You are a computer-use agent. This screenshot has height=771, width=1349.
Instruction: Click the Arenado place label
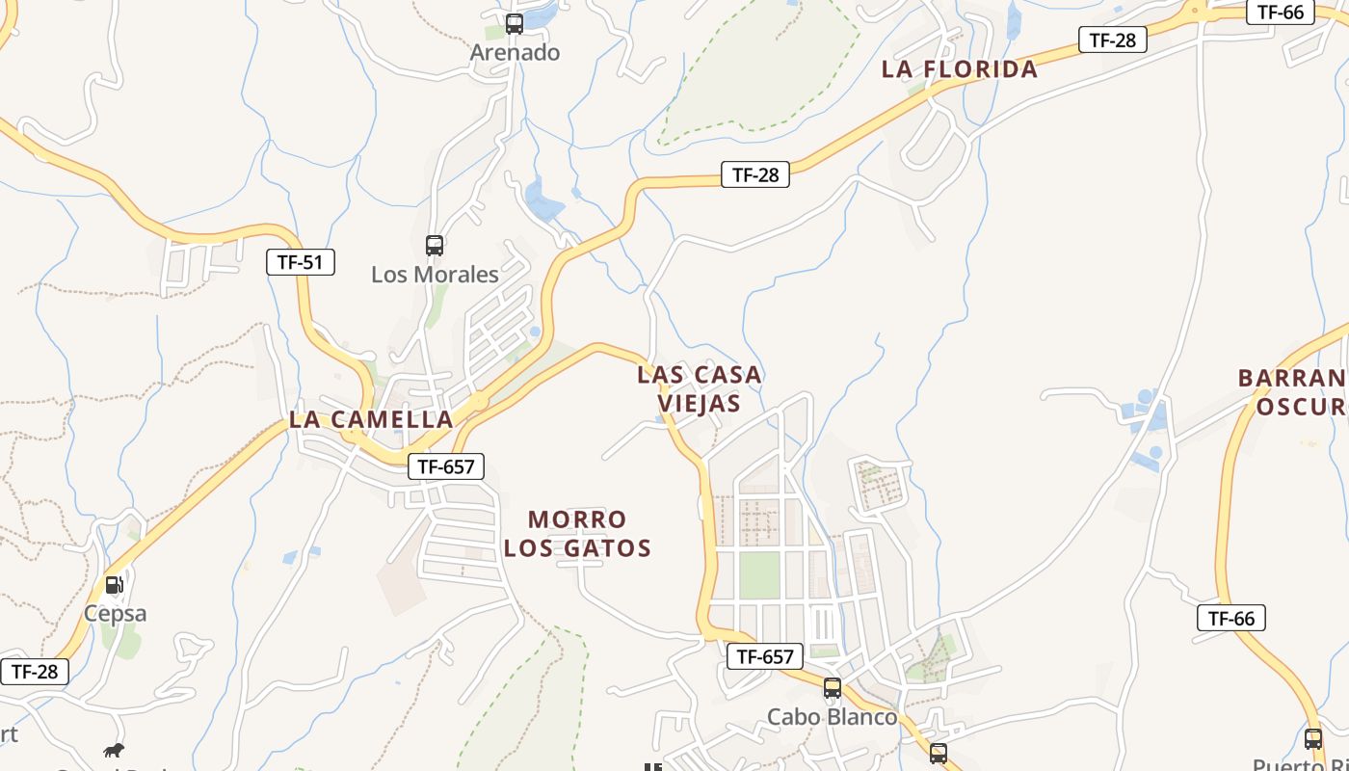pyautogui.click(x=515, y=52)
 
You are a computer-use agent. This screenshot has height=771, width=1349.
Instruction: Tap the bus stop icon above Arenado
pyautogui.click(x=515, y=24)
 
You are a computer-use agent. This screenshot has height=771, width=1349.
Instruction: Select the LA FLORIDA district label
pyautogui.click(x=960, y=68)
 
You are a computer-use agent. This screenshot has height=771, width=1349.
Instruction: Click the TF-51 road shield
pyautogui.click(x=301, y=261)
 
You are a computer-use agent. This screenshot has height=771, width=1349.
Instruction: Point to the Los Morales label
pyautogui.click(x=435, y=274)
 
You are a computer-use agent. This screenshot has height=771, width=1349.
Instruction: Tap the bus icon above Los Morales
pyautogui.click(x=435, y=246)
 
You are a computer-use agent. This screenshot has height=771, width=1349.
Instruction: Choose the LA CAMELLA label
pyautogui.click(x=371, y=419)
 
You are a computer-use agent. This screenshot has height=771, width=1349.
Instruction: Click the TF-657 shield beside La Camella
pyautogui.click(x=445, y=466)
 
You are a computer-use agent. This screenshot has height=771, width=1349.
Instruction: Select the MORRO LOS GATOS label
pyautogui.click(x=577, y=534)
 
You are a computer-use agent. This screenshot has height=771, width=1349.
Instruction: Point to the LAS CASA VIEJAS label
pyautogui.click(x=700, y=388)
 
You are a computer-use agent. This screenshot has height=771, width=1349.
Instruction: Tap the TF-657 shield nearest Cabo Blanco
pyautogui.click(x=764, y=656)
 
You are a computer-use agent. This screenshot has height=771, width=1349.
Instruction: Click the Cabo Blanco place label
pyautogui.click(x=832, y=717)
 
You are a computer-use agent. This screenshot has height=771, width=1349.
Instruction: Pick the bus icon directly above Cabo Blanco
pyautogui.click(x=833, y=688)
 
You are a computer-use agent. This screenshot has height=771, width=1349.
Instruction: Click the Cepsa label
pyautogui.click(x=115, y=613)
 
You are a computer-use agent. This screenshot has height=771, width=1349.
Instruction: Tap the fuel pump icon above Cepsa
pyautogui.click(x=115, y=584)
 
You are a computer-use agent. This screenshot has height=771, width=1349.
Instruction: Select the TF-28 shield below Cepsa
pyautogui.click(x=35, y=672)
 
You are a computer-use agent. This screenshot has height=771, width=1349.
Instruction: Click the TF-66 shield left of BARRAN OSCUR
pyautogui.click(x=1230, y=618)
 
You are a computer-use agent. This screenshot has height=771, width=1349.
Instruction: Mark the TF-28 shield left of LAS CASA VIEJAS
pyautogui.click(x=754, y=174)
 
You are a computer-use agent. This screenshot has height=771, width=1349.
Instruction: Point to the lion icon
pyautogui.click(x=114, y=750)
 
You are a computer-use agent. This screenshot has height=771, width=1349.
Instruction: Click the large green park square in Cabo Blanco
pyautogui.click(x=759, y=574)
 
